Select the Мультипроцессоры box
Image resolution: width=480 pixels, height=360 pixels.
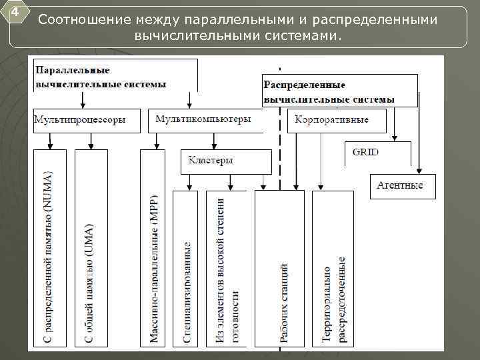(87, 121)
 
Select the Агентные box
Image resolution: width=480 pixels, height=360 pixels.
(402, 186)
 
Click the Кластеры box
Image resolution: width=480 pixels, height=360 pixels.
(226, 161)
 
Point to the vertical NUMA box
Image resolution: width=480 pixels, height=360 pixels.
(50, 247)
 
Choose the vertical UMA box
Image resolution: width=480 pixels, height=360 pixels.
(91, 247)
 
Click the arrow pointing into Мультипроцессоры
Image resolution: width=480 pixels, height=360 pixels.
(82, 99)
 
